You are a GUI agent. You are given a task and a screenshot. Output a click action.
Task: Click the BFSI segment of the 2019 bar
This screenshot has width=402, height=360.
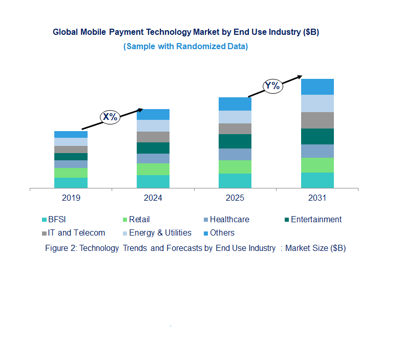point(71,183)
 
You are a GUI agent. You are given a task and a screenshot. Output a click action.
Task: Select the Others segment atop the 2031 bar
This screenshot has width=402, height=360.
point(318,87)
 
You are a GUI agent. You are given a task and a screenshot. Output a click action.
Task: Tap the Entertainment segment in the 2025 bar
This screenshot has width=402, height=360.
point(235,141)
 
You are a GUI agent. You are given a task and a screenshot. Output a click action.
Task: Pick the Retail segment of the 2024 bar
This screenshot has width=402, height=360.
point(153,169)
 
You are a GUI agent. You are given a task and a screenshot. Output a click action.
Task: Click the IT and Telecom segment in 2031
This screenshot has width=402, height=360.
point(318,120)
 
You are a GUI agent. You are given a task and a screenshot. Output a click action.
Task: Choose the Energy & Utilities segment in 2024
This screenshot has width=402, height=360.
point(153,125)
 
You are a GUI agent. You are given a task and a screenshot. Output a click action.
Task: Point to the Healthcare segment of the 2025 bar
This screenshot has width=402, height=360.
point(235,154)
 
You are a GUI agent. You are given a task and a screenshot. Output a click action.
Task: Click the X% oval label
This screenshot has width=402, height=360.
point(110,117)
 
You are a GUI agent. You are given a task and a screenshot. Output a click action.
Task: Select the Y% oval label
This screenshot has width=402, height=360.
point(272,86)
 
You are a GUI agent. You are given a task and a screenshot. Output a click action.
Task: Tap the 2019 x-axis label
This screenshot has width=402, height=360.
point(71,198)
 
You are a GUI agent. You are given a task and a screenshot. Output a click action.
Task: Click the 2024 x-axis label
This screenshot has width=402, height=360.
point(153,198)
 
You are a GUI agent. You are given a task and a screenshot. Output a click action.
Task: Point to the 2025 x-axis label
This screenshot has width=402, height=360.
point(235,198)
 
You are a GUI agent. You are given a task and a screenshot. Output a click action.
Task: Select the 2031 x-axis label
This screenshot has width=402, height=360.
point(318,198)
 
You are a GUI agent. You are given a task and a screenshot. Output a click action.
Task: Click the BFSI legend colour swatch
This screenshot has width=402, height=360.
point(45,220)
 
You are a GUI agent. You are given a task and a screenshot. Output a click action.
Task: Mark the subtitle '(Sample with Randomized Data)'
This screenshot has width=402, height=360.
point(186,46)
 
